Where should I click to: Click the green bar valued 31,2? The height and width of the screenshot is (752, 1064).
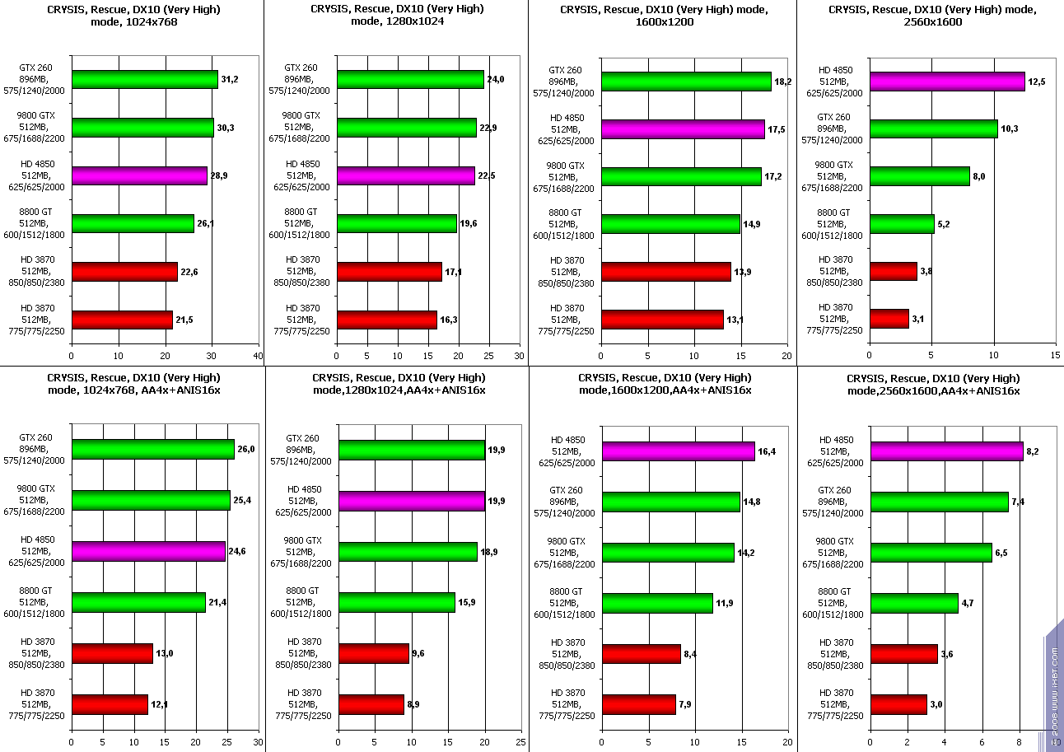tap(144, 79)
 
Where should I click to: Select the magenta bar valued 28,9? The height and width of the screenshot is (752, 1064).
tap(139, 175)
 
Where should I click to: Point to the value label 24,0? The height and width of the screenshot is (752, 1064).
tap(495, 79)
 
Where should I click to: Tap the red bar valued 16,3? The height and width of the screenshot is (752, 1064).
tap(386, 320)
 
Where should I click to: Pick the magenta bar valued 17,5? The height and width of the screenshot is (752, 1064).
tap(683, 129)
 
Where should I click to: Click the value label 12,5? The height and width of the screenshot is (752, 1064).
tap(1036, 82)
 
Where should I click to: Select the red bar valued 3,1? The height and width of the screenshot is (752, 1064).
tap(889, 319)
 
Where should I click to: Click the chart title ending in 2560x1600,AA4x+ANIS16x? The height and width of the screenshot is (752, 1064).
tap(933, 384)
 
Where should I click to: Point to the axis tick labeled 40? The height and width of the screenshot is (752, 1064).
tap(259, 356)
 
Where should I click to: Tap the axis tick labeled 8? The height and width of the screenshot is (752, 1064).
tap(1020, 741)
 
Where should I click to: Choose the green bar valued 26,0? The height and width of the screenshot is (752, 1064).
tap(152, 449)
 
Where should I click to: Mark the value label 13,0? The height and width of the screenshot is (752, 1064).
tap(164, 653)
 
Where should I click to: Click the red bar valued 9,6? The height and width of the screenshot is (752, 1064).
tap(374, 653)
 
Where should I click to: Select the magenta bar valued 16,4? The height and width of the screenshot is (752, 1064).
tap(678, 451)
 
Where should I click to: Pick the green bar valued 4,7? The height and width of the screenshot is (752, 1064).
tap(914, 603)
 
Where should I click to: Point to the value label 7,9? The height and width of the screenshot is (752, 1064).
tap(686, 704)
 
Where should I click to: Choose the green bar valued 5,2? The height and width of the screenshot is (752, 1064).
tap(902, 223)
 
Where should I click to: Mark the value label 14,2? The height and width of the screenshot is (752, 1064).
tap(745, 553)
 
